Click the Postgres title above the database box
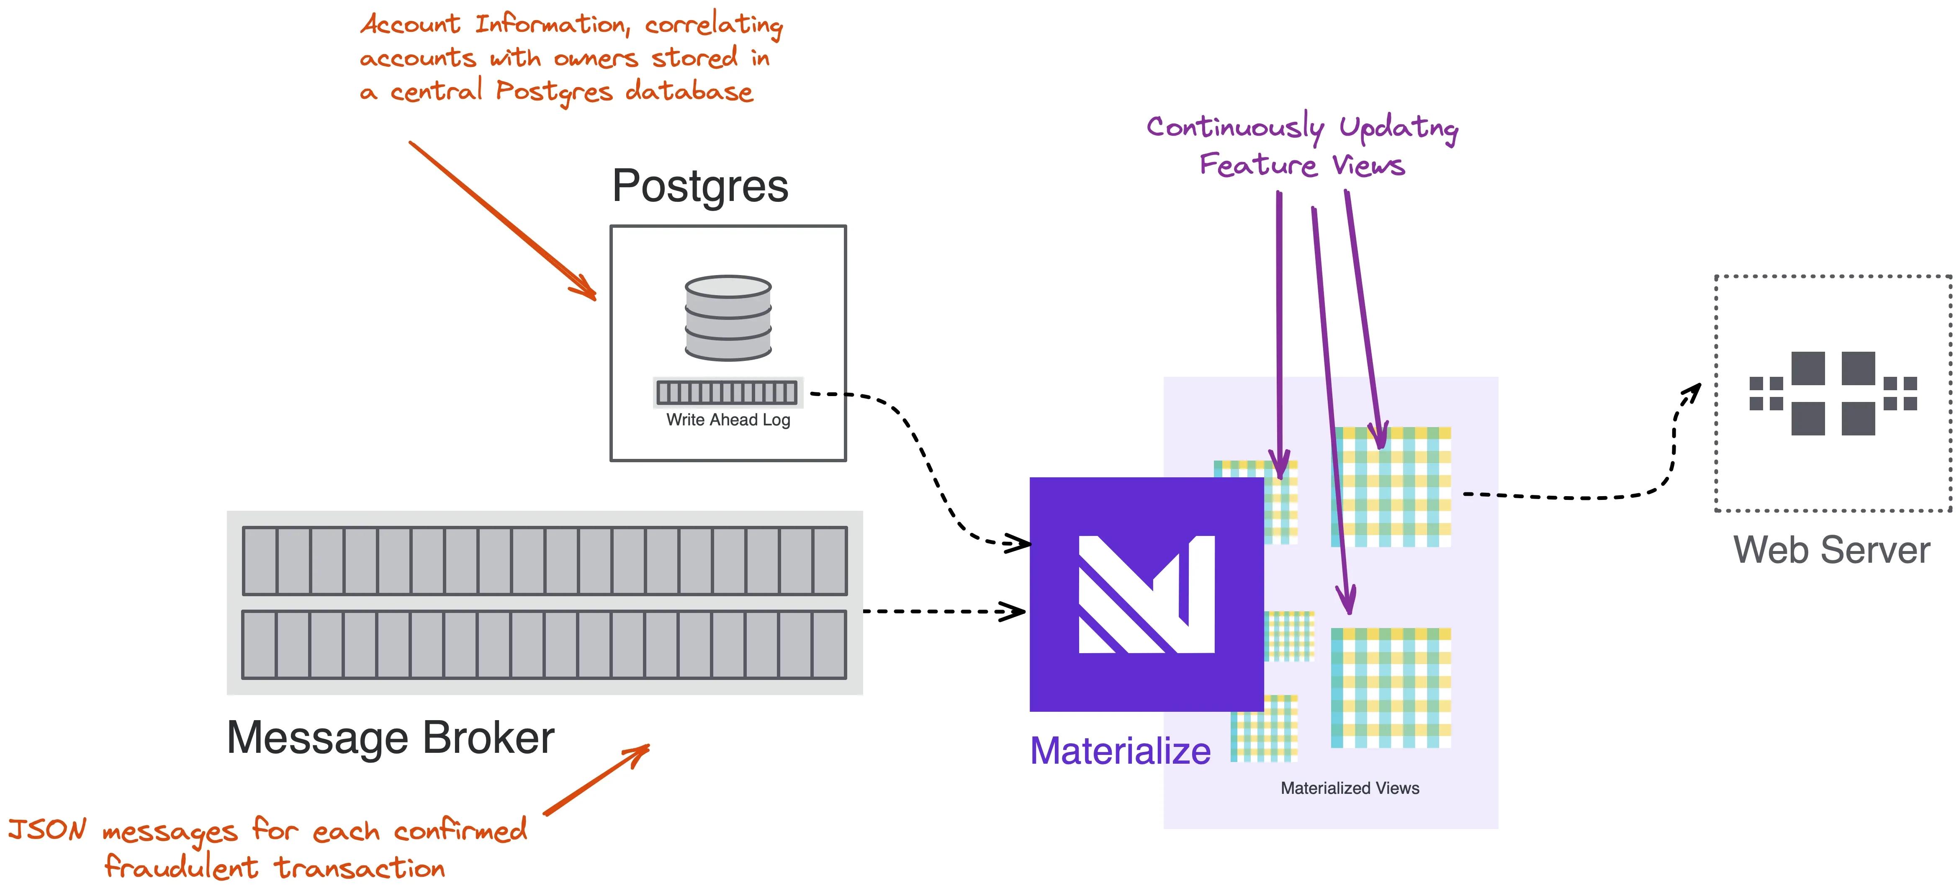699,186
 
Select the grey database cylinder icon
728,318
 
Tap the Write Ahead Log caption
728,420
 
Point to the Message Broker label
390,738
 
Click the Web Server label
1831,550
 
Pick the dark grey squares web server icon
1833,393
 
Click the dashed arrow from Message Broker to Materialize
943,611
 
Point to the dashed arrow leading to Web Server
1597,496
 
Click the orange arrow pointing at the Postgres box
502,221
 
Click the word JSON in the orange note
47,829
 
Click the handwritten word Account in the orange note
411,24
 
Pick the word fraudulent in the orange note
181,867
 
